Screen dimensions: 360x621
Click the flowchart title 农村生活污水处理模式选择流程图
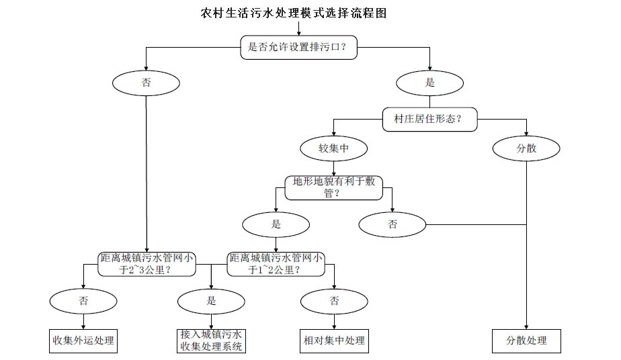click(x=294, y=13)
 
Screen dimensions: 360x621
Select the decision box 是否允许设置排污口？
click(x=298, y=48)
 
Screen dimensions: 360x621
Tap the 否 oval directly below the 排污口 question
click(x=146, y=83)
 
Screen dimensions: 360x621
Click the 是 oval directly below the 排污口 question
click(x=429, y=83)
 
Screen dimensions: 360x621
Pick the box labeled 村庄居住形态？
click(x=430, y=119)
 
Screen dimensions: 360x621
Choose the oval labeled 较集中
click(x=333, y=148)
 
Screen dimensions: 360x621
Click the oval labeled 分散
click(x=526, y=148)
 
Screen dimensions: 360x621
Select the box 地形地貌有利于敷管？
click(x=333, y=187)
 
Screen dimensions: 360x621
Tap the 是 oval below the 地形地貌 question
click(x=276, y=224)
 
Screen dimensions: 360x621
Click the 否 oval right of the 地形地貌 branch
click(x=392, y=224)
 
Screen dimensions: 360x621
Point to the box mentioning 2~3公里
click(x=147, y=264)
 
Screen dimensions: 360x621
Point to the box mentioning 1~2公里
click(x=276, y=264)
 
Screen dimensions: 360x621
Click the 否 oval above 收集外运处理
click(x=83, y=301)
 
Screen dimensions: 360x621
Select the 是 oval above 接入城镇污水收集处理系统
click(x=211, y=301)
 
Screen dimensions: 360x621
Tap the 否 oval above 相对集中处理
click(x=334, y=301)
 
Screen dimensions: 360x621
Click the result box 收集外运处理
click(x=83, y=341)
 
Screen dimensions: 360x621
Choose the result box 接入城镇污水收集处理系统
click(x=211, y=341)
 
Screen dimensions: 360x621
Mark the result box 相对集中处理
click(x=334, y=341)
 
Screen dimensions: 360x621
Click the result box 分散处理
click(x=526, y=341)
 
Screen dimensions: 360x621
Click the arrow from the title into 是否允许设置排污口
click(x=298, y=29)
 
